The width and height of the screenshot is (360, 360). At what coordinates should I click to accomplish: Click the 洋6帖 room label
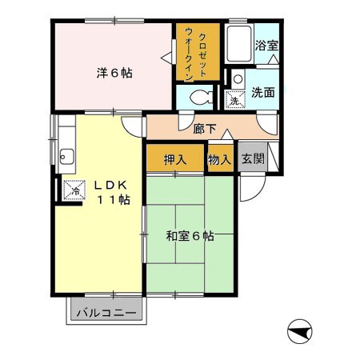(115, 73)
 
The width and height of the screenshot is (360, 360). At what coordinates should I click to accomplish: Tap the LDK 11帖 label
(109, 192)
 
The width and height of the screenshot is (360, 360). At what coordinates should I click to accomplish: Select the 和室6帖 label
(190, 236)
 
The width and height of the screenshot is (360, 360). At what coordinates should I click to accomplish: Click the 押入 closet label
(175, 159)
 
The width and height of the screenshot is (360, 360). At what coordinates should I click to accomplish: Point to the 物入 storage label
(220, 159)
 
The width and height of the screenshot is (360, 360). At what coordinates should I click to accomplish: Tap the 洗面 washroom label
(263, 92)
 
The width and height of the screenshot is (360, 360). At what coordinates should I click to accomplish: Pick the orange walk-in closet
(197, 52)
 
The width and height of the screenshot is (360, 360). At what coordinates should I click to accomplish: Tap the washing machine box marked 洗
(235, 100)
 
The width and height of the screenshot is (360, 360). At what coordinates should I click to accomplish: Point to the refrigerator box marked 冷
(74, 191)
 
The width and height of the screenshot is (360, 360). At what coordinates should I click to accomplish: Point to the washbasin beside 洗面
(238, 78)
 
